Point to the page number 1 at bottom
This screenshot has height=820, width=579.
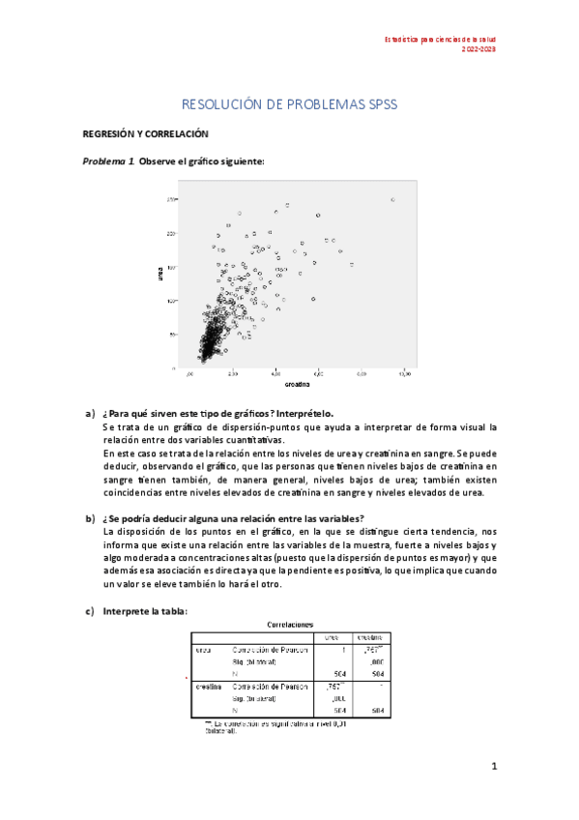493,767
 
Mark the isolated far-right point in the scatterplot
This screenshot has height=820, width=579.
392,199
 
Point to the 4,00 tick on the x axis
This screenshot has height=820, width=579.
275,373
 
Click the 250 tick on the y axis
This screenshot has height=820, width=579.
170,199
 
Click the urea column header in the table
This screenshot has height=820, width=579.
331,638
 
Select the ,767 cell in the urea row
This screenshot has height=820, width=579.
368,650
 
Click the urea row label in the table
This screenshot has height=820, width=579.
204,650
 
